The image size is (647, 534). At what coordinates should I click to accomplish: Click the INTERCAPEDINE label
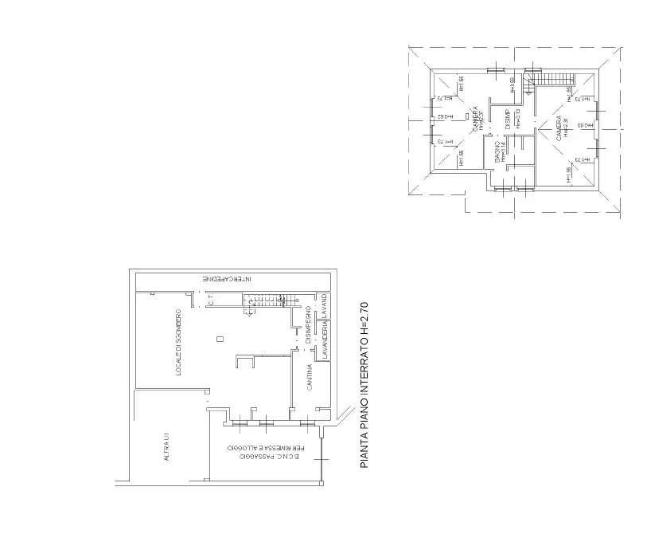227,280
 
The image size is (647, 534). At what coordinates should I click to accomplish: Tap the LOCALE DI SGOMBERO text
180,342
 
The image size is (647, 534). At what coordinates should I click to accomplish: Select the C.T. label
211,300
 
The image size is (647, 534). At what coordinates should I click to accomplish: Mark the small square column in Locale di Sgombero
220,340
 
